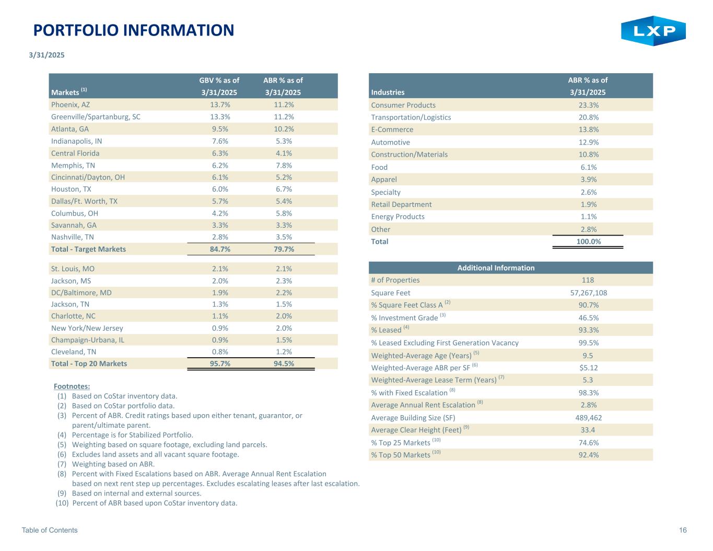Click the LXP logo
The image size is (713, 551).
653,31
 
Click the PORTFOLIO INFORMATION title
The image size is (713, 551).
134,30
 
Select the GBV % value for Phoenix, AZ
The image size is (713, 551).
219,105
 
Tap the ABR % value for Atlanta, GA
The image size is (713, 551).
284,129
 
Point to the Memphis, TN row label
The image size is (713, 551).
73,165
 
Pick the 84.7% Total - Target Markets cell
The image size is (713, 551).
220,249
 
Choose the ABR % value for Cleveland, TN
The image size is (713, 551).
284,351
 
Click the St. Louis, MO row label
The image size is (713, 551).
73,268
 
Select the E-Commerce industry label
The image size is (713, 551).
392,130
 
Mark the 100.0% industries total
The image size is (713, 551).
588,241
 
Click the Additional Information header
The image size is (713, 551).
496,268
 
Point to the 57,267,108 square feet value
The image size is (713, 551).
588,293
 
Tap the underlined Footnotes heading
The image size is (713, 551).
72,386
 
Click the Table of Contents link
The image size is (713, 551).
50,530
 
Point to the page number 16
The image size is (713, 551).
683,530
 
